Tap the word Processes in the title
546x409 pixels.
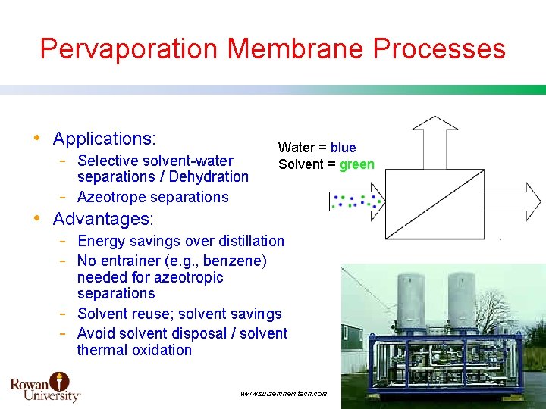pos(439,49)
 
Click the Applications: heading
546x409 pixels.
pos(104,139)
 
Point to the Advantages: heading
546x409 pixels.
pos(102,220)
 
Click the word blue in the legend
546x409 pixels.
pos(343,148)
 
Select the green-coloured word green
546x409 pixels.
pos(356,164)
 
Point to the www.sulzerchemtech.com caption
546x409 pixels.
pos(283,394)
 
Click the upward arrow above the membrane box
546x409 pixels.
pos(435,139)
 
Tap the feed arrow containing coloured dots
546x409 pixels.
pos(356,202)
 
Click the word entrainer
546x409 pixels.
pos(127,261)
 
